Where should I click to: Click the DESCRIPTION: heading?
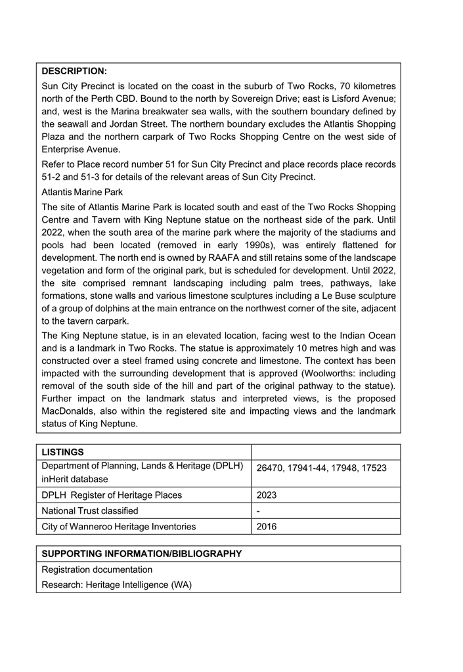[74, 71]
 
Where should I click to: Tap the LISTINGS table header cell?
[62, 453]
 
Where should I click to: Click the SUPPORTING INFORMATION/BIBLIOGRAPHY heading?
[142, 554]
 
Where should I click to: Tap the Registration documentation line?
[97, 570]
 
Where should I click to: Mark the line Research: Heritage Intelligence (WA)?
[116, 585]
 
